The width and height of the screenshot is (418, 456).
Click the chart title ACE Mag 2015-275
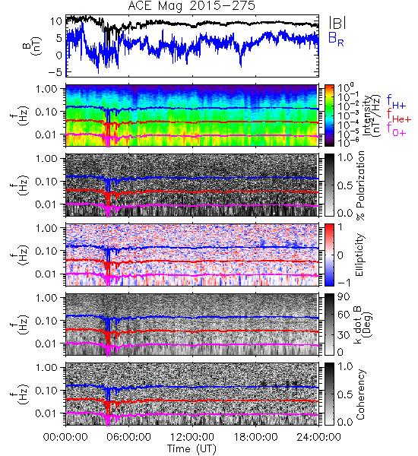[192, 6]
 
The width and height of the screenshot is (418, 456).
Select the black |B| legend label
[337, 23]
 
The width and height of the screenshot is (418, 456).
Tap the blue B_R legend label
[336, 39]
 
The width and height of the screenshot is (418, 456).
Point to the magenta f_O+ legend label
[396, 130]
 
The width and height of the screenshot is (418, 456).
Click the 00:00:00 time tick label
[65, 437]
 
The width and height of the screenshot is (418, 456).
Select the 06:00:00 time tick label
[129, 437]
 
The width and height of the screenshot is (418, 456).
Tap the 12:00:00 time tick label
[192, 437]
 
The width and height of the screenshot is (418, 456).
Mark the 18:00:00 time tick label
[255, 437]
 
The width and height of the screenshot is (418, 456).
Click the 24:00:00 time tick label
[318, 437]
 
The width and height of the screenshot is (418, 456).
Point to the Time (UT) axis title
[192, 448]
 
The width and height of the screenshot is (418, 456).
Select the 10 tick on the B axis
[55, 21]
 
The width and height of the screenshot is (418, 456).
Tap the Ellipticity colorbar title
[359, 255]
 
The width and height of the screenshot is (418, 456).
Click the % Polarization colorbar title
[360, 185]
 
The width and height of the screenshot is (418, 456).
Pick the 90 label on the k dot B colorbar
[344, 296]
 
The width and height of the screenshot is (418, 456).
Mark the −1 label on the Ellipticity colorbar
[344, 283]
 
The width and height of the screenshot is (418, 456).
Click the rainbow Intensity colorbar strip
[329, 116]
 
